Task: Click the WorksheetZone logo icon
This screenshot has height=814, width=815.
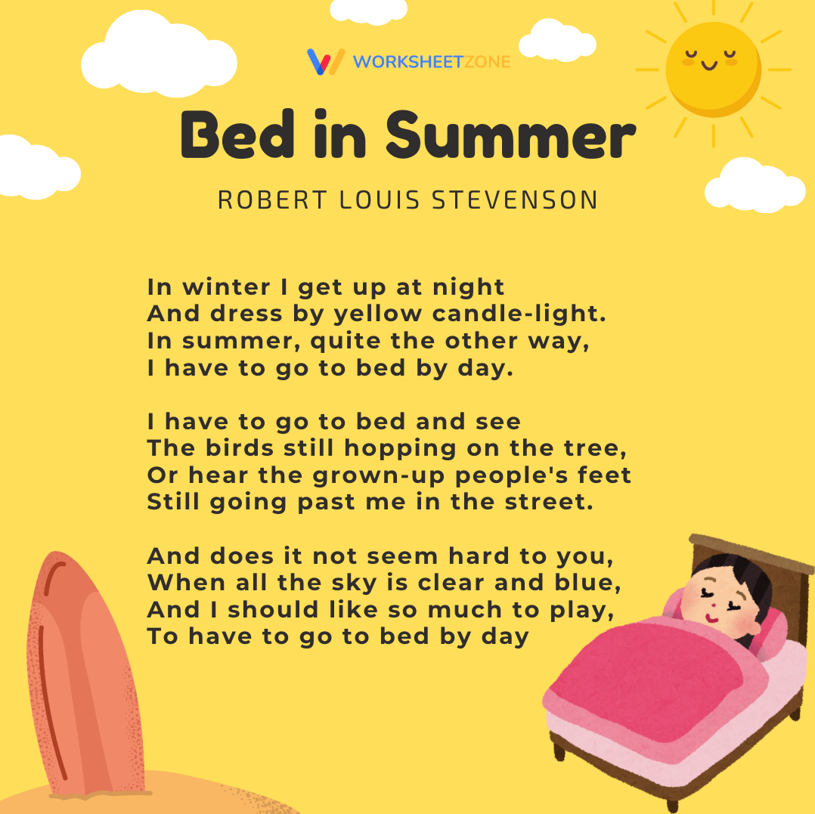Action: click(x=325, y=61)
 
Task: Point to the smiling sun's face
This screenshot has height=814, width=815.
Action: click(x=711, y=64)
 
